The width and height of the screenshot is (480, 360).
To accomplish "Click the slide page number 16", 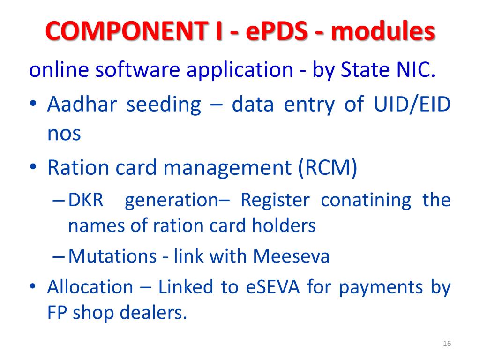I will (x=447, y=345).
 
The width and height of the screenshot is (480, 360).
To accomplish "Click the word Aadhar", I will (x=80, y=105).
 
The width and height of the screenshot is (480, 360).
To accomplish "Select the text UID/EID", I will (x=412, y=105).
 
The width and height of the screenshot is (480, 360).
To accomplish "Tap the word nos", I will (x=64, y=134).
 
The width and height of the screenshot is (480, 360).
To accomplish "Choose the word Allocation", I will (x=90, y=286).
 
